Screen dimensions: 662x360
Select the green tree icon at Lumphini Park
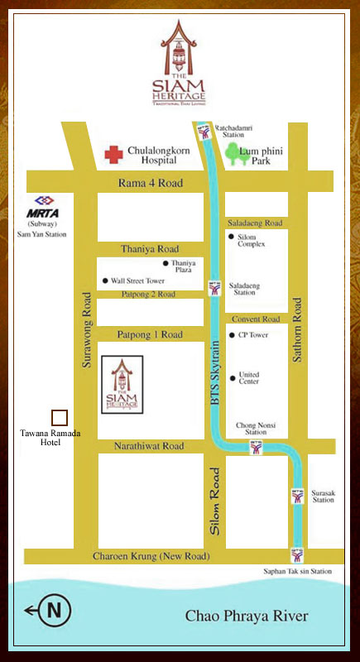pyautogui.click(x=238, y=155)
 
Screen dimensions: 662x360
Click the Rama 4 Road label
pyautogui.click(x=150, y=183)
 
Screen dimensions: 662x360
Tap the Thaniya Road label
pyautogui.click(x=150, y=248)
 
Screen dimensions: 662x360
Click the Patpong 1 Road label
pyautogui.click(x=150, y=335)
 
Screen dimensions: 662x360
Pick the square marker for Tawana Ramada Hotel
pyautogui.click(x=60, y=418)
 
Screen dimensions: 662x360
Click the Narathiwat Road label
pyautogui.click(x=150, y=446)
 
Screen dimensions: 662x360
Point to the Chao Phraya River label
pyautogui.click(x=247, y=616)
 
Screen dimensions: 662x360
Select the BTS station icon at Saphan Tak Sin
pyautogui.click(x=297, y=555)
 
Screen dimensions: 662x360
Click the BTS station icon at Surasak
pyautogui.click(x=298, y=496)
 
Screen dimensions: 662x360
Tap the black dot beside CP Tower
pyautogui.click(x=232, y=335)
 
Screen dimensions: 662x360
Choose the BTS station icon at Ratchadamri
pyautogui.click(x=204, y=132)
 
